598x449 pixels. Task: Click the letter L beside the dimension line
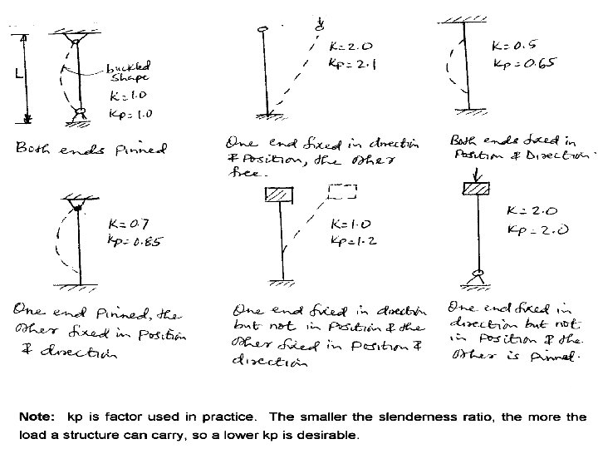tap(18, 74)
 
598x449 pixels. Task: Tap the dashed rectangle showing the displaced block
tap(341, 192)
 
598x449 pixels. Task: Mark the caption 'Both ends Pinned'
tap(91, 150)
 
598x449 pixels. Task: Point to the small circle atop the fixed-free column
tap(264, 30)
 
